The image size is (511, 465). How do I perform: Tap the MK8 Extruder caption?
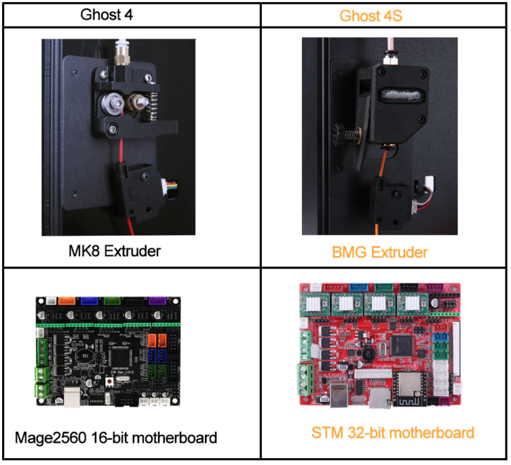[129, 250]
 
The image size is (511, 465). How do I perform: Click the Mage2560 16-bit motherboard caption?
[116, 438]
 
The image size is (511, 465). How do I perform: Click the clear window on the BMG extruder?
[404, 93]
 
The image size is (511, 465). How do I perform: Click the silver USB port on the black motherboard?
[74, 396]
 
